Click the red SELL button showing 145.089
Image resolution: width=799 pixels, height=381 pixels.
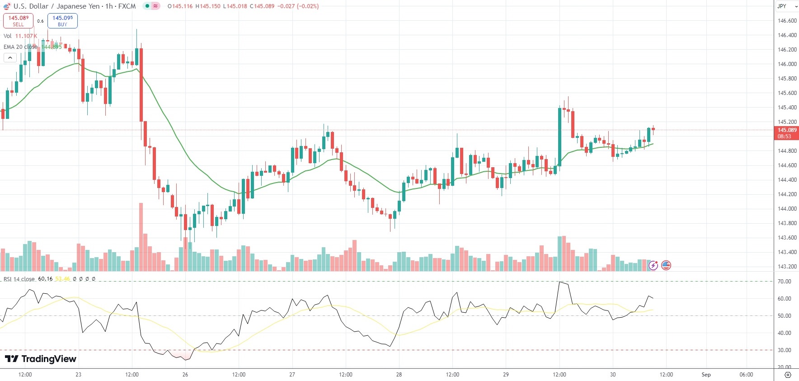point(18,21)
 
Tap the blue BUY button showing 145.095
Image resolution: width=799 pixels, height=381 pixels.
point(62,21)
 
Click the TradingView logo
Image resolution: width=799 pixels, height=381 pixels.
point(41,359)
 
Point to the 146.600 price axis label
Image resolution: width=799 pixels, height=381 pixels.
point(787,21)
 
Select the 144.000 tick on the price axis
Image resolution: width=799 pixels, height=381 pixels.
point(787,209)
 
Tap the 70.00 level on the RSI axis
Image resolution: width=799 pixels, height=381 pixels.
point(784,282)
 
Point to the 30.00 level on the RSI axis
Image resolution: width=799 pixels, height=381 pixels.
point(784,350)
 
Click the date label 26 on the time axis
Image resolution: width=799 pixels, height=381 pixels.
point(185,375)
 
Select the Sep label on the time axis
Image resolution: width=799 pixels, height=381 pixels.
point(706,375)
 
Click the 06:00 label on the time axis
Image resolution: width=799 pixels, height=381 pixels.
point(746,375)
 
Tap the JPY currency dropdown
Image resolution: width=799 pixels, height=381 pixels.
point(787,6)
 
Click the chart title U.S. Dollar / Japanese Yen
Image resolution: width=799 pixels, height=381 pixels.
point(56,6)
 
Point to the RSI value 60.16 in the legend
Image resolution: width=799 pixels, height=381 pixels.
point(45,279)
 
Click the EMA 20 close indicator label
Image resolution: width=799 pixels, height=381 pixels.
point(20,47)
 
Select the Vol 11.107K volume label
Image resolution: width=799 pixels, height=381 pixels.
point(20,36)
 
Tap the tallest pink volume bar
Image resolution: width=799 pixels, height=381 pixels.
point(141,237)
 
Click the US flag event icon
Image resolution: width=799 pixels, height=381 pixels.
point(666,266)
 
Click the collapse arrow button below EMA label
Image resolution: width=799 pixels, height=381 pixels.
point(10,57)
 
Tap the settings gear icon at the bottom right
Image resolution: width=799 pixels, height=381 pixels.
point(788,375)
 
